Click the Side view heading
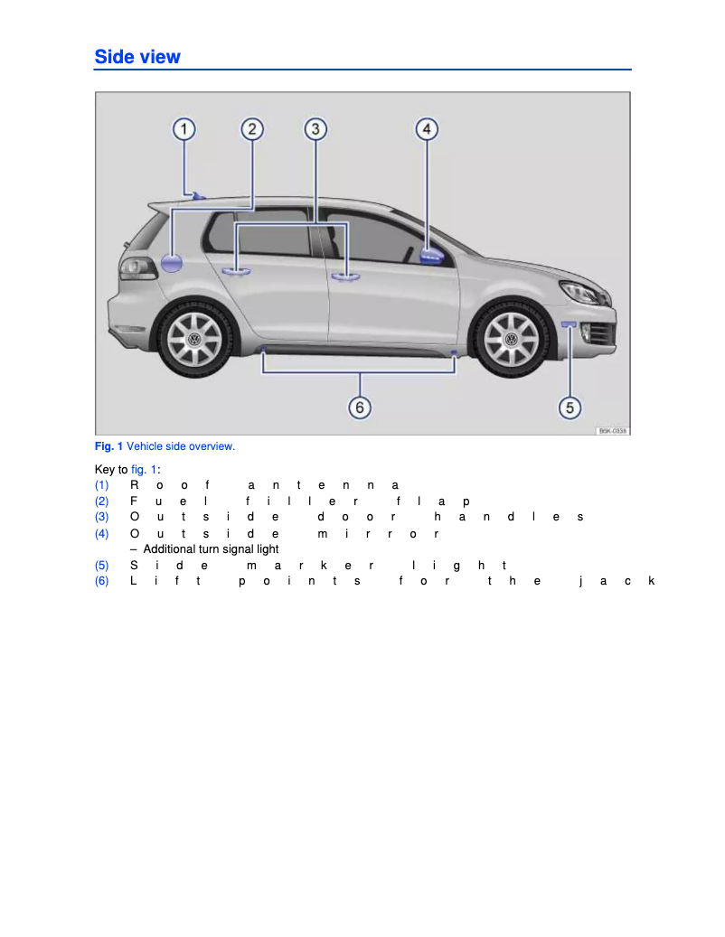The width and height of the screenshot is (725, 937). pos(137,57)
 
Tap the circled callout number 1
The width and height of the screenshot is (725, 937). pos(184,129)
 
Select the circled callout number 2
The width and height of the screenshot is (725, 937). pos(252,129)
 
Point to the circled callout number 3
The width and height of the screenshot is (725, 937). pos(315,129)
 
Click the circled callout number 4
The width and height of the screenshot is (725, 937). pos(427,129)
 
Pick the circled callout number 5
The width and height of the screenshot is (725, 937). pos(570,408)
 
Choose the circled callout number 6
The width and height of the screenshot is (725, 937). pos(360,408)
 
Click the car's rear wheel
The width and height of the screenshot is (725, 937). pos(193,340)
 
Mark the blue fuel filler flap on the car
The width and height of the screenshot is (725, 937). pos(172,264)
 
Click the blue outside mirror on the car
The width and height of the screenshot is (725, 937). pos(431,255)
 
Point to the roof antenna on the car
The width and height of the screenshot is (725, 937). pos(198,195)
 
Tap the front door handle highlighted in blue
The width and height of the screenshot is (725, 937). pos(344,276)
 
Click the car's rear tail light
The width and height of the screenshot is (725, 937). pos(138,268)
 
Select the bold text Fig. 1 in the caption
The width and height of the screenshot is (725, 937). pos(108,446)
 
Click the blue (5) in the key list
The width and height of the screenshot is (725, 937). pos(102,565)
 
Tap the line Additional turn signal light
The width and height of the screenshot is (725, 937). pos(211,549)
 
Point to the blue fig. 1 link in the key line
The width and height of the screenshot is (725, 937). pos(144,470)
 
